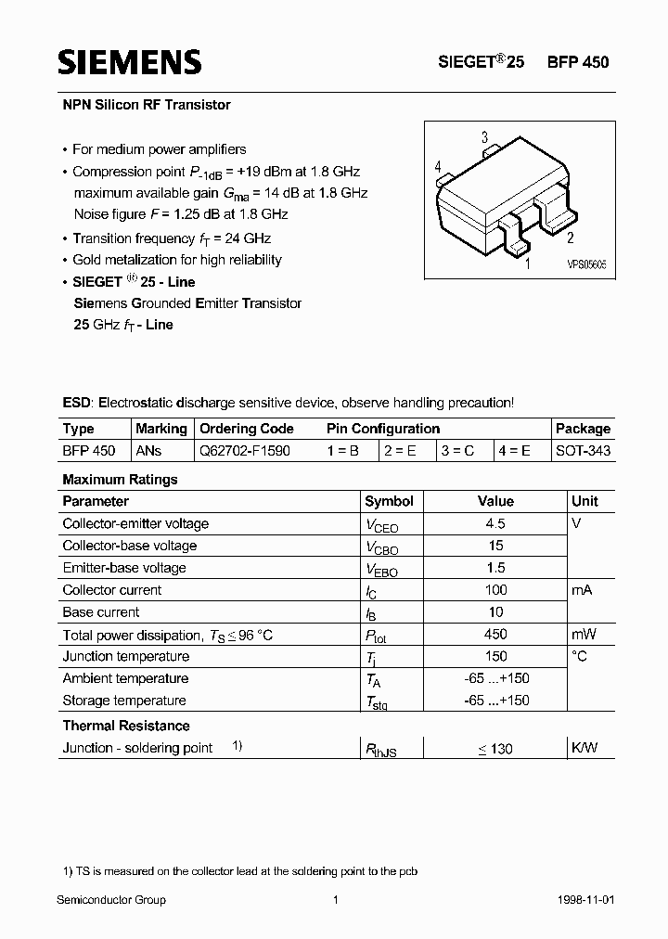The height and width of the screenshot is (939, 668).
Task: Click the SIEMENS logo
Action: point(129,62)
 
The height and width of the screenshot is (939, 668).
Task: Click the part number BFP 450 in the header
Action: point(578,63)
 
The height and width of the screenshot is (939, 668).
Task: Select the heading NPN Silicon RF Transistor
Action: point(146,105)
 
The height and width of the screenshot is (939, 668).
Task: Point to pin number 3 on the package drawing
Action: point(484,138)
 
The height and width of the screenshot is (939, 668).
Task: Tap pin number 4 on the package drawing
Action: point(437,166)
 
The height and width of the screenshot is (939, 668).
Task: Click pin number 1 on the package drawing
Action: point(527,264)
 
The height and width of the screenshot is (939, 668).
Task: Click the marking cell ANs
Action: point(148,451)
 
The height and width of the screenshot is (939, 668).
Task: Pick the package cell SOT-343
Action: point(583,451)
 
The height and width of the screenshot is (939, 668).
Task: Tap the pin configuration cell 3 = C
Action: point(457,451)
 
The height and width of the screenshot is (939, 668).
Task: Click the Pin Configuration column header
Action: point(383,429)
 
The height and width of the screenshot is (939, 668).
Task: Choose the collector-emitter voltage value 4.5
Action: point(495,524)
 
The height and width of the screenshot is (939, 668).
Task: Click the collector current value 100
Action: point(495,590)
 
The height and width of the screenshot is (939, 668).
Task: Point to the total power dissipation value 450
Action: point(495,634)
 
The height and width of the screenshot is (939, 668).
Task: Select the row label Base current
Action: point(101,612)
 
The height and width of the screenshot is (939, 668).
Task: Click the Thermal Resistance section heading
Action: point(126,726)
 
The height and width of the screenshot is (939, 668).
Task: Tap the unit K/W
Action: point(584,748)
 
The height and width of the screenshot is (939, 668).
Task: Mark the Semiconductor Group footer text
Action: point(111,900)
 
